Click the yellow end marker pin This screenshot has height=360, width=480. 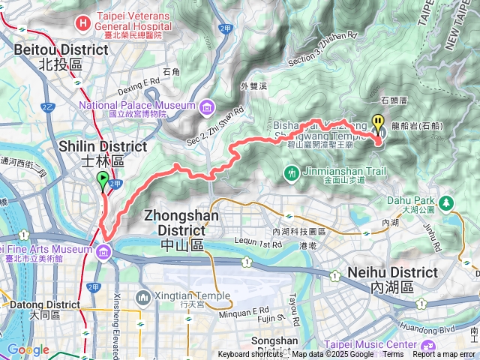(378, 122)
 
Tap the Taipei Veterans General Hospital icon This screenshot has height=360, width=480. (82, 23)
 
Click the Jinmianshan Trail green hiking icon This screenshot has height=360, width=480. (291, 174)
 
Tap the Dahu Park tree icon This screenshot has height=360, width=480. (448, 202)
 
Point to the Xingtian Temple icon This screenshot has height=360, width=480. (143, 298)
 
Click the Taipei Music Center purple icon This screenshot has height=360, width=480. (427, 346)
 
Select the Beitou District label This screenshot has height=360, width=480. (61, 56)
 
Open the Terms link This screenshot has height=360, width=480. (392, 355)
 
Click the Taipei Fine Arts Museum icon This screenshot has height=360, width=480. (103, 250)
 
